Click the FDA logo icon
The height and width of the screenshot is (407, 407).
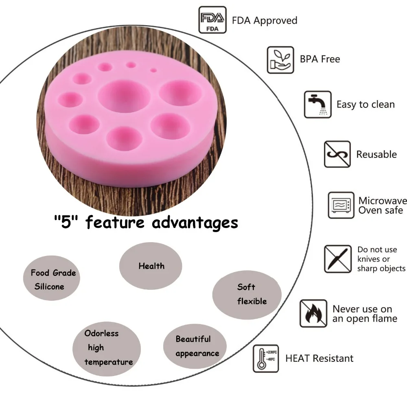tap(212, 20)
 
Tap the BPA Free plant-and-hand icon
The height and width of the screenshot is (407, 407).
tap(280, 60)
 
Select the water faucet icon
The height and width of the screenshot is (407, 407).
tap(318, 104)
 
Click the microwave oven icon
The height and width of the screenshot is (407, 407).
tap(341, 205)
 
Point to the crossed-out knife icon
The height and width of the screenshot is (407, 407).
tap(338, 259)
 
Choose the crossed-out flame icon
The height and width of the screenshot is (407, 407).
tap(313, 313)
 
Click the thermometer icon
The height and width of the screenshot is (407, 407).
tap(266, 359)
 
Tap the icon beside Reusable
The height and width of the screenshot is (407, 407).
tap(337, 154)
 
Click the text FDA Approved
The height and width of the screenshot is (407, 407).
tap(265, 20)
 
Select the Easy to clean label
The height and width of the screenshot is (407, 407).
tap(365, 104)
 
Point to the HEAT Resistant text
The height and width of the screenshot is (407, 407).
tap(319, 358)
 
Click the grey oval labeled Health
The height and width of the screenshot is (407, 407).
tap(151, 266)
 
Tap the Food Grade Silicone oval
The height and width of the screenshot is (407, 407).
tap(52, 278)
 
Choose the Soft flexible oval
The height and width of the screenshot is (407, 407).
tap(247, 295)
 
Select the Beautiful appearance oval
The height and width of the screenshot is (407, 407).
tap(195, 346)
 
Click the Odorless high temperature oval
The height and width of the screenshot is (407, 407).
tap(107, 349)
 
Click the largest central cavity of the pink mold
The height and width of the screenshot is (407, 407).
tap(124, 96)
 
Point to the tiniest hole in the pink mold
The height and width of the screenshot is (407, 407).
tap(153, 70)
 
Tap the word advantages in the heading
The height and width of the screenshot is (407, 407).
tap(195, 223)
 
